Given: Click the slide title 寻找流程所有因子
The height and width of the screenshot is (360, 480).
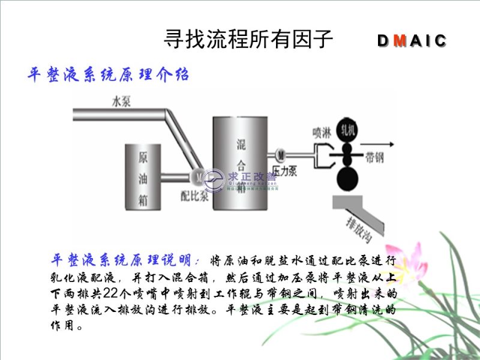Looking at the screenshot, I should pos(248,40).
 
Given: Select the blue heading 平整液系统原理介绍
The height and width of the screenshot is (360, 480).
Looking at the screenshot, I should pos(109,75).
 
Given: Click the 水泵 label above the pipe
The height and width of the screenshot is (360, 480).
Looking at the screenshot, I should pos(121,101).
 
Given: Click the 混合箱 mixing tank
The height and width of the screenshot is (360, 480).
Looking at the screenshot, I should pos(241,168).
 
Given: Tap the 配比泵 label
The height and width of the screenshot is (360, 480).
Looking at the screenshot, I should pos(194,194).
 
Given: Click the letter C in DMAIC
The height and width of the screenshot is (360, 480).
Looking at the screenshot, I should pos(440,41).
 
